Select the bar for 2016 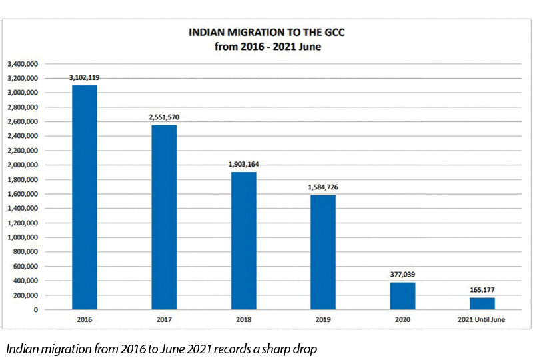(85, 197)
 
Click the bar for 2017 (164, 217)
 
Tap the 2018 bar (244, 241)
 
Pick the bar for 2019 (323, 252)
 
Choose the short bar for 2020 (402, 296)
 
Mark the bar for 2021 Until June (482, 303)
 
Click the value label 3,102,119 (85, 77)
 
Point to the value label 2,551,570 (164, 117)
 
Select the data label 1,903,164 (244, 164)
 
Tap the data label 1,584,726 (323, 187)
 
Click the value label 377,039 (402, 274)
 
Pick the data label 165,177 (482, 289)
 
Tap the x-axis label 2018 (244, 320)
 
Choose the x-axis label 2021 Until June (482, 320)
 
